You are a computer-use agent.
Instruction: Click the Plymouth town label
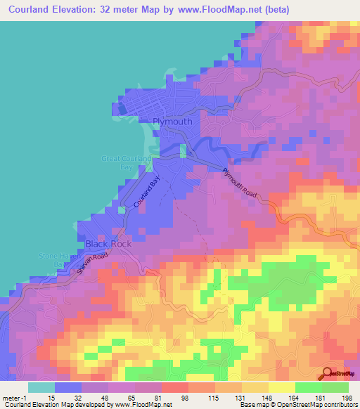[172, 121]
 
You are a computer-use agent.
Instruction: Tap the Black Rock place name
[108, 244]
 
